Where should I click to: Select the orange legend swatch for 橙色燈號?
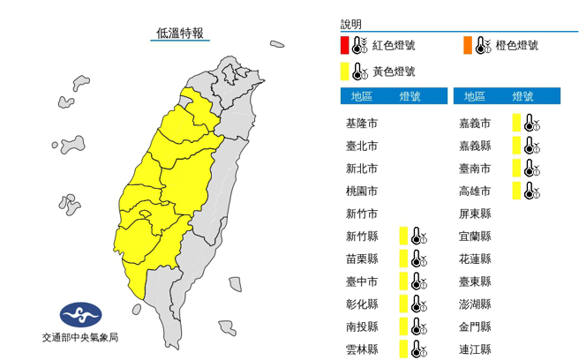465,45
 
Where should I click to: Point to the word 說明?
351,25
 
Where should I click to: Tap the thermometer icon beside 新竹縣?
417,236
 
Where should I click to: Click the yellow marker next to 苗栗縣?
402,259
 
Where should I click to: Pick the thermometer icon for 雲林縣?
417,349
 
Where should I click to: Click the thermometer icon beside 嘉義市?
530,123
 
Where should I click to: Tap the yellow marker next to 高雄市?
515,191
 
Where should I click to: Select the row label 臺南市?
476,168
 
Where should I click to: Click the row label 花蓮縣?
476,259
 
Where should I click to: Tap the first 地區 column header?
362,96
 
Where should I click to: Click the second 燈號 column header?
523,96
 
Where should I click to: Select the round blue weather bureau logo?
80,314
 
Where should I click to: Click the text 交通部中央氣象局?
79,338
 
